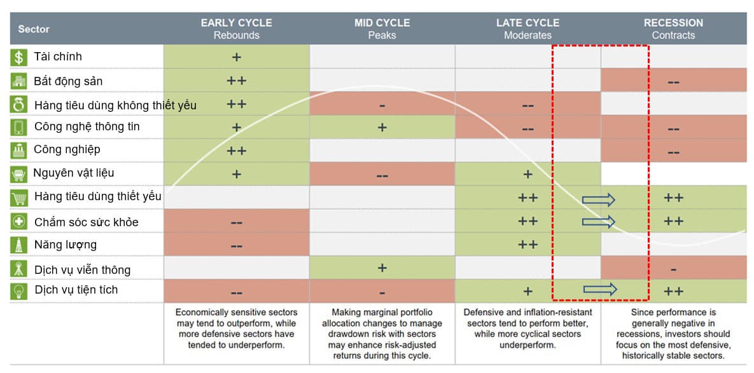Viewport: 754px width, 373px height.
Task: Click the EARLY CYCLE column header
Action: tap(236, 23)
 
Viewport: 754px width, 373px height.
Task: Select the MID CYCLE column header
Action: tap(382, 23)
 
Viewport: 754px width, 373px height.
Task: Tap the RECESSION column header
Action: tap(673, 23)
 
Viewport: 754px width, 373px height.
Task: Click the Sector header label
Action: tap(34, 29)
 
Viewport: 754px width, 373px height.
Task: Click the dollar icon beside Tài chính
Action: tap(19, 57)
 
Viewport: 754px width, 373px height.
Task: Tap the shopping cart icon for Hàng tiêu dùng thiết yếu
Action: tap(19, 198)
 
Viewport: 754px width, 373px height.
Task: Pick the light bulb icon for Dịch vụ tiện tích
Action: tap(19, 291)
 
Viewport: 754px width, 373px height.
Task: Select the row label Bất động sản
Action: tap(68, 81)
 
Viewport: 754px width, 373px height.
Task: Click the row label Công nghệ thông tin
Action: tap(87, 126)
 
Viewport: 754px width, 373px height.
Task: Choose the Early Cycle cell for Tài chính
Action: tap(237, 57)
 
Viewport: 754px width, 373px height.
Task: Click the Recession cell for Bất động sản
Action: tap(673, 81)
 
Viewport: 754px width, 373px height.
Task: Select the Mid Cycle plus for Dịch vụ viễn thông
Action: tap(382, 268)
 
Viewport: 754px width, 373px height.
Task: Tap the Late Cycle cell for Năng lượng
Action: tap(527, 245)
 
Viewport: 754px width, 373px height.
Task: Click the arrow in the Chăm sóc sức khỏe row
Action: tap(599, 222)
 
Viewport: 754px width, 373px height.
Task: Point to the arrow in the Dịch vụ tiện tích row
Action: tap(600, 290)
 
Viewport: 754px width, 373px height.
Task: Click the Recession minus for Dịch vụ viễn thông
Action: tap(673, 269)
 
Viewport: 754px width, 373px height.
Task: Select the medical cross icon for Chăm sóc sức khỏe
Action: tap(19, 222)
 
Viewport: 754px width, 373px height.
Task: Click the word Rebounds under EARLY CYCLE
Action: tap(236, 36)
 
